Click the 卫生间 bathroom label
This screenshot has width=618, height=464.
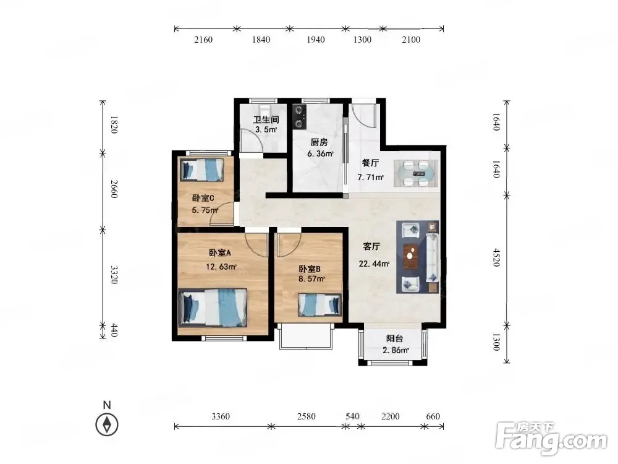(266, 119)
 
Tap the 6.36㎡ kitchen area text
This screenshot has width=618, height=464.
(320, 153)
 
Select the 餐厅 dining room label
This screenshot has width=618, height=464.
(370, 163)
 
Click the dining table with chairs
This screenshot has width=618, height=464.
(415, 173)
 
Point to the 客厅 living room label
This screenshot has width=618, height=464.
(371, 247)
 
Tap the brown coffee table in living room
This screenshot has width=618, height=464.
(410, 257)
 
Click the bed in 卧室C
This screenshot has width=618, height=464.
(202, 170)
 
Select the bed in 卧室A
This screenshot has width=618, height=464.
(213, 307)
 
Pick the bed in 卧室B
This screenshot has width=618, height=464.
(320, 304)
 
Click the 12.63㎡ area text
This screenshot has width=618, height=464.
(221, 267)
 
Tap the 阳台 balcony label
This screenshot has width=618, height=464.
(394, 338)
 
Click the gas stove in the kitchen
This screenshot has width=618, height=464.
(299, 116)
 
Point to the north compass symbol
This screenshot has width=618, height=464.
(107, 424)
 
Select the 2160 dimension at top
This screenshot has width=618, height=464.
(203, 40)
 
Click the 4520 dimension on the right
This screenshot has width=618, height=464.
(497, 257)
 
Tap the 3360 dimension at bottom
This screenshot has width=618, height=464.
(221, 416)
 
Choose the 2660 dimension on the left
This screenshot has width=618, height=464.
(114, 189)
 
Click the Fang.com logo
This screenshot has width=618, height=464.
(551, 438)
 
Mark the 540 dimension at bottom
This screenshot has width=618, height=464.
(352, 416)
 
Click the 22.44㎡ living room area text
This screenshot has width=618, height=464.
(374, 264)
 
